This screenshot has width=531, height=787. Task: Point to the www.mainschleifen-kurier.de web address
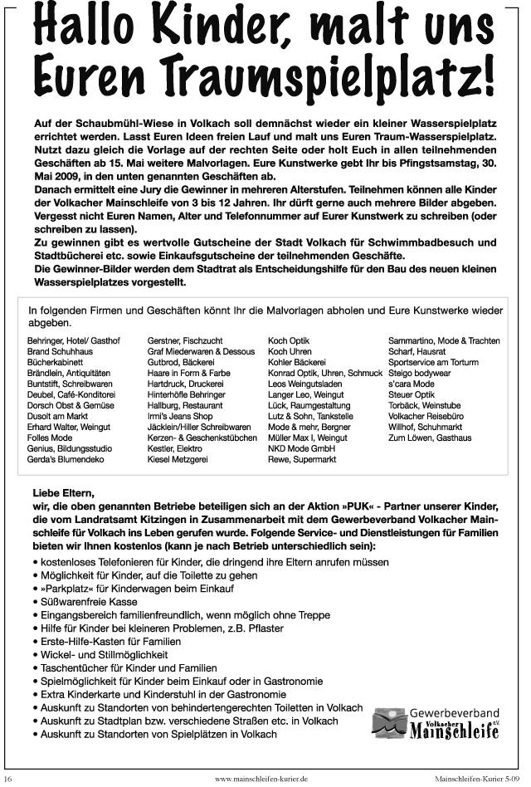click(261, 779)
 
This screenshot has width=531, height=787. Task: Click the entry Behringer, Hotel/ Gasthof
click(74, 340)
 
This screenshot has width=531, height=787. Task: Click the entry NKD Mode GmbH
click(300, 447)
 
